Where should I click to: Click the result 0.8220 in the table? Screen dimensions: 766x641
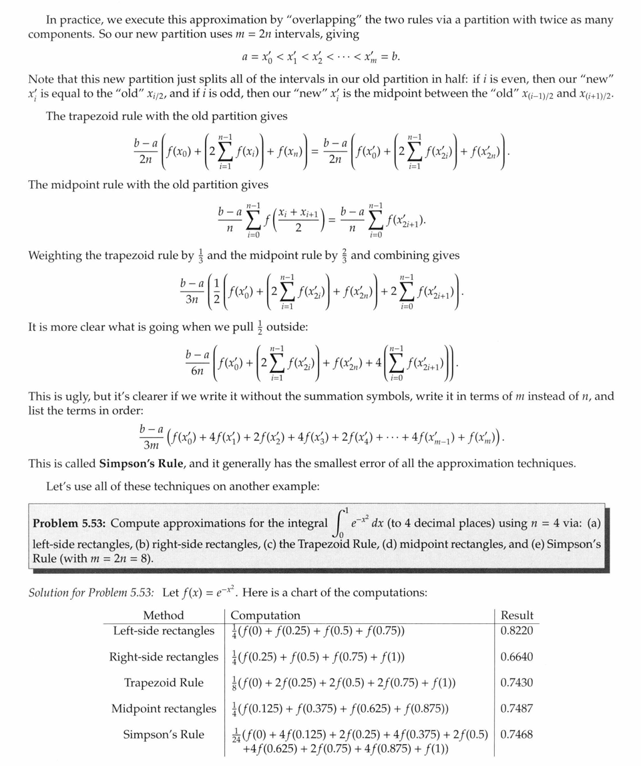point(517,631)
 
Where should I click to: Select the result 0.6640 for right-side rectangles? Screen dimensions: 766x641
point(517,657)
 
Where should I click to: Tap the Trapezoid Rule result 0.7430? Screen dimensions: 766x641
point(517,683)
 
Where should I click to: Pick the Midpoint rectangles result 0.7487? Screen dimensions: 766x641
point(517,709)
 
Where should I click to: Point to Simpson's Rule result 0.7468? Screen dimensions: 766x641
point(517,735)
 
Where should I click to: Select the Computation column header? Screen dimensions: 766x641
point(265,615)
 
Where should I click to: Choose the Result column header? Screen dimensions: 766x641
point(517,615)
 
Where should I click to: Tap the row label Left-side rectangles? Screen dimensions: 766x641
point(164,631)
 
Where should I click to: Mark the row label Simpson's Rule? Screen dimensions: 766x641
point(164,735)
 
